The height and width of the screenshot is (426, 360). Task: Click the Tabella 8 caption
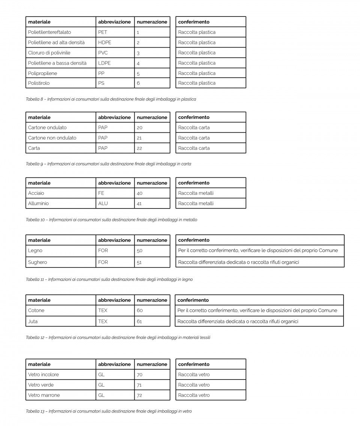point(111,99)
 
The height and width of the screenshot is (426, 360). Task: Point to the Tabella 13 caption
point(109,411)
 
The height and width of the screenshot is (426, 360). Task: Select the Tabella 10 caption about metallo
point(111,220)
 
